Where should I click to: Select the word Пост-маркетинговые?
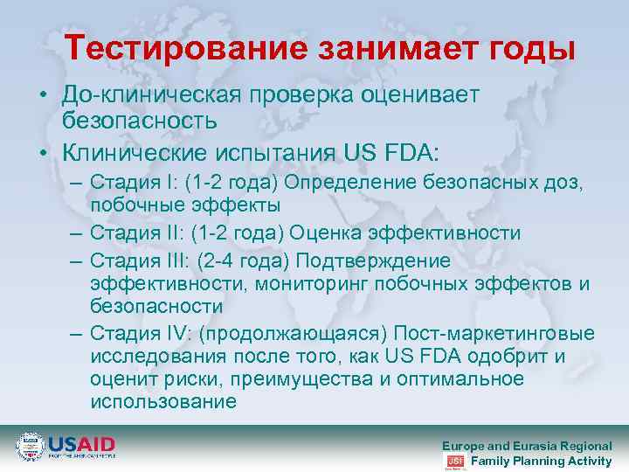pyautogui.click(x=494, y=334)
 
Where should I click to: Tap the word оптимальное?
pyautogui.click(x=460, y=378)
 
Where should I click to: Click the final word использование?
pyautogui.click(x=162, y=401)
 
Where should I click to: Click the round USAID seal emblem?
pyautogui.click(x=30, y=447)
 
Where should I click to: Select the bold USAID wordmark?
pyautogui.click(x=81, y=443)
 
